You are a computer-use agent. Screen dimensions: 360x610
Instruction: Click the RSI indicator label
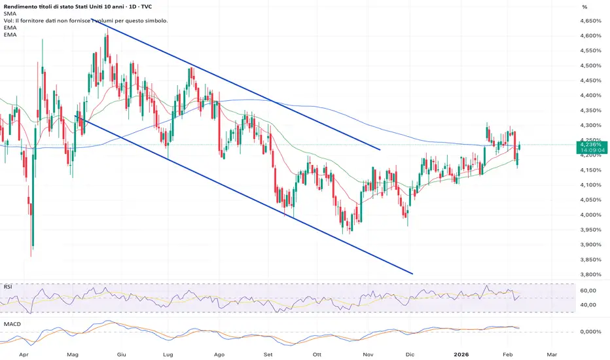click(x=7, y=286)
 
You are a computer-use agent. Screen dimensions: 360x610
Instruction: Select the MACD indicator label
click(x=12, y=323)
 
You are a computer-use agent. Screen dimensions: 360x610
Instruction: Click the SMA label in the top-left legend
click(x=10, y=13)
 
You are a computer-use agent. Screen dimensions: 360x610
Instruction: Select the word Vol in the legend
click(x=8, y=21)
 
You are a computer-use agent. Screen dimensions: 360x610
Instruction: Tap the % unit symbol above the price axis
click(x=583, y=7)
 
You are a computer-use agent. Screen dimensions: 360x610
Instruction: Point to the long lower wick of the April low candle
click(x=32, y=236)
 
